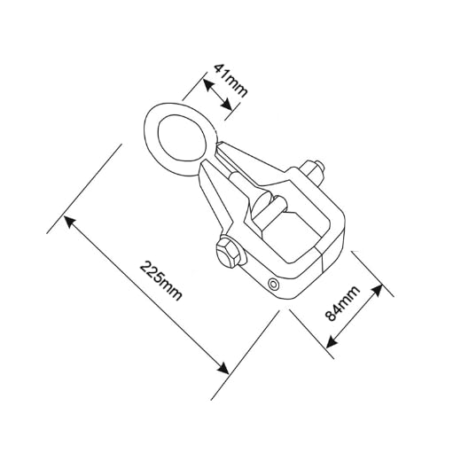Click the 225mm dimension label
[160, 281]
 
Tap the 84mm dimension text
[342, 303]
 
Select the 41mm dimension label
[230, 80]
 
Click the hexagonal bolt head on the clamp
[230, 252]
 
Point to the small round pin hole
[273, 285]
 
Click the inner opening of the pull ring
[182, 137]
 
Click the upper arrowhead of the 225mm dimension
[70, 222]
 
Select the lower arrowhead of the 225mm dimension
[223, 368]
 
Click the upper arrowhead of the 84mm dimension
[377, 291]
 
